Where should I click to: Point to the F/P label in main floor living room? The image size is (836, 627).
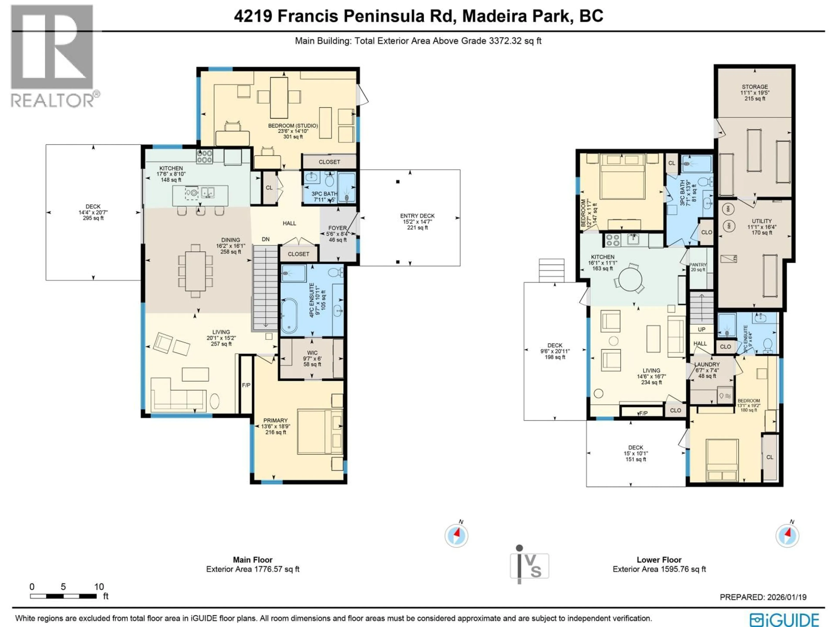246,385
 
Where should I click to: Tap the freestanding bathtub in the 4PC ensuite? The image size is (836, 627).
289,316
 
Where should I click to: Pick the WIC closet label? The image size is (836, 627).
312,353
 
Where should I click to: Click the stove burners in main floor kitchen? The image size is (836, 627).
204,157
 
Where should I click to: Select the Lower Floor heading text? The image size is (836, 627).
659,560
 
